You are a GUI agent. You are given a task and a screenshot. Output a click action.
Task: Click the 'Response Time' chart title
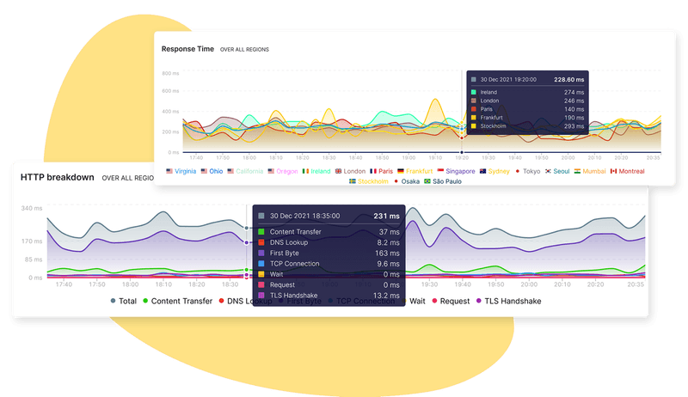(187, 49)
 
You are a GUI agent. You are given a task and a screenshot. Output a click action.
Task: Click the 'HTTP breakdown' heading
(57, 176)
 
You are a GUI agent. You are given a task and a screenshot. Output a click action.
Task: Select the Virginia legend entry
(181, 171)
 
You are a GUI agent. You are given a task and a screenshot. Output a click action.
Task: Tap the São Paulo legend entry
(444, 181)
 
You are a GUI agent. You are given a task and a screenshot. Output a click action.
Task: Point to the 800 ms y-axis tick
(169, 73)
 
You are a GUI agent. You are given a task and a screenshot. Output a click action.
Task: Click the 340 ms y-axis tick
(31, 209)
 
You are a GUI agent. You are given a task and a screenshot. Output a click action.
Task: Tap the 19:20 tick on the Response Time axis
(462, 158)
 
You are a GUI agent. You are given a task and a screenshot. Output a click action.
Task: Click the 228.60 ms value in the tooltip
(568, 79)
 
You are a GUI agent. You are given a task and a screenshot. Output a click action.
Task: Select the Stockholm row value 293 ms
(574, 126)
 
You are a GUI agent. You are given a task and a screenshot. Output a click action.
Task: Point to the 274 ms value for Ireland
(574, 92)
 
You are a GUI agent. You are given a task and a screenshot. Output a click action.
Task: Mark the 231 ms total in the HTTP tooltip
(387, 216)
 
